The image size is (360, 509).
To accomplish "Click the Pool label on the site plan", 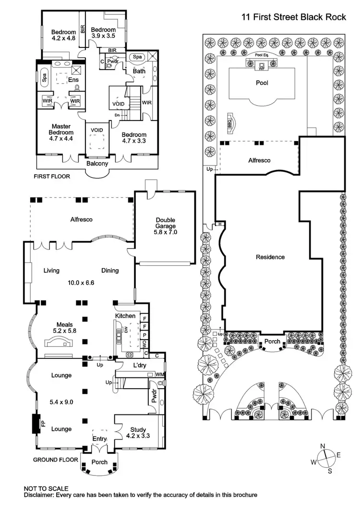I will (262, 83).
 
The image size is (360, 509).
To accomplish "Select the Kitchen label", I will (125, 316).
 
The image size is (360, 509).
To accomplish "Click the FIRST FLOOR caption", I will (51, 177).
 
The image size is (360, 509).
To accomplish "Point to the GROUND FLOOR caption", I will (55, 460).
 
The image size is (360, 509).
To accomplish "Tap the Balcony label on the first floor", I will (97, 163).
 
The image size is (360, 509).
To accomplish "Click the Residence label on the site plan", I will (270, 257).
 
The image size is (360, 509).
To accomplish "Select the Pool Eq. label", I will (262, 55).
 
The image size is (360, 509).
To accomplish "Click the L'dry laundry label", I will (139, 366).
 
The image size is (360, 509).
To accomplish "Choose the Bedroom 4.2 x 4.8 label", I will (64, 36).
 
